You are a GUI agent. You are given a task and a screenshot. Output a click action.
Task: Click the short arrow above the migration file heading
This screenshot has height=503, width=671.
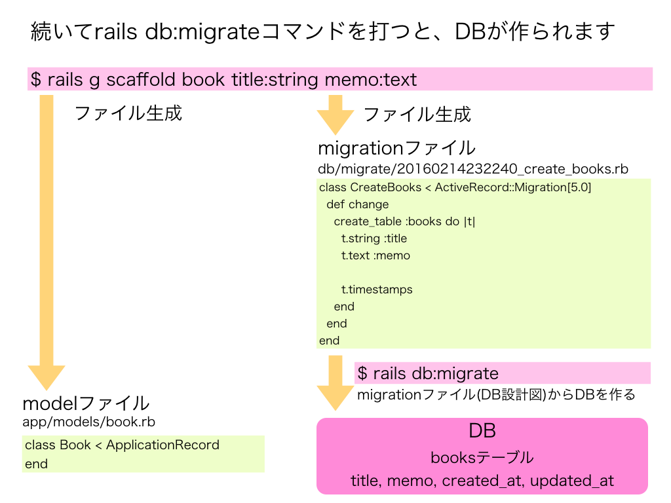tap(335, 114)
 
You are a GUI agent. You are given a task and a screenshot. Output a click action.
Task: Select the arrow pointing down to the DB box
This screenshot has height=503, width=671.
tap(335, 383)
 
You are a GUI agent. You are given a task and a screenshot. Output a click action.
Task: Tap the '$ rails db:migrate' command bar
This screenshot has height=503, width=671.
tap(501, 373)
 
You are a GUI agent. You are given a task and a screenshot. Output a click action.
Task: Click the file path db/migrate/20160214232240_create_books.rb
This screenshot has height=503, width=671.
tap(472, 169)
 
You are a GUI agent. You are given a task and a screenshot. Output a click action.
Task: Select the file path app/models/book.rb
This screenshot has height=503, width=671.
tap(88, 421)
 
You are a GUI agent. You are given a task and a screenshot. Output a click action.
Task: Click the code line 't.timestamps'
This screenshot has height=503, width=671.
tap(377, 289)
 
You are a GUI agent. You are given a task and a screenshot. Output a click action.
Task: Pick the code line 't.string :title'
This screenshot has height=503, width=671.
tap(374, 238)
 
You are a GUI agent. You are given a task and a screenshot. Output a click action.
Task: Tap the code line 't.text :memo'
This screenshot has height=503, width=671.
tap(375, 255)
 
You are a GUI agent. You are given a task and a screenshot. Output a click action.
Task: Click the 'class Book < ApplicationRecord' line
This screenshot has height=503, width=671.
tap(122, 445)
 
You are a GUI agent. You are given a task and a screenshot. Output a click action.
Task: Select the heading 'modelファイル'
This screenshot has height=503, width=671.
tap(86, 403)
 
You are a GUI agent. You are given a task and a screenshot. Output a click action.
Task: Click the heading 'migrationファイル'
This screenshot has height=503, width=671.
tap(396, 147)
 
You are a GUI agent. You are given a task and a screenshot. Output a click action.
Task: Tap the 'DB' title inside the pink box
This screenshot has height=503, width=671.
tap(482, 431)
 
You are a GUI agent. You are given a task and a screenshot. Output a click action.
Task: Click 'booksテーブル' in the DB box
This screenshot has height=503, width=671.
tap(482, 457)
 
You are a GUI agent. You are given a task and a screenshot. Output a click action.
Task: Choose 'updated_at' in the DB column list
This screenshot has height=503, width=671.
tap(571, 481)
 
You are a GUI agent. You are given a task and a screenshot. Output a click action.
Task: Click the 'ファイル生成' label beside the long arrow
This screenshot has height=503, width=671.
tap(128, 113)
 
